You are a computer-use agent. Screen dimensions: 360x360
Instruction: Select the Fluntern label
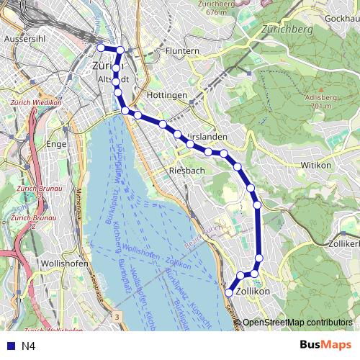tap(181, 52)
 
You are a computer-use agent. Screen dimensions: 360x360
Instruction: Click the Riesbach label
tap(186, 171)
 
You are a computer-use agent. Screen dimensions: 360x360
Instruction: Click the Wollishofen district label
tap(65, 264)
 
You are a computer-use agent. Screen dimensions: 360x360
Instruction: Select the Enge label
tap(56, 144)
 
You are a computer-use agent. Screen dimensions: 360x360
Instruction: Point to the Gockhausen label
tap(336, 17)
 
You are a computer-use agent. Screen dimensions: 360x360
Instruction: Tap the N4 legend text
tap(28, 346)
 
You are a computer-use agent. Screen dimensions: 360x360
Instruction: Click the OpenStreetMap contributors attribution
tap(297, 323)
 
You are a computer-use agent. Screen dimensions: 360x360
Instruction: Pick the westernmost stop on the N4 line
tap(101, 48)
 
